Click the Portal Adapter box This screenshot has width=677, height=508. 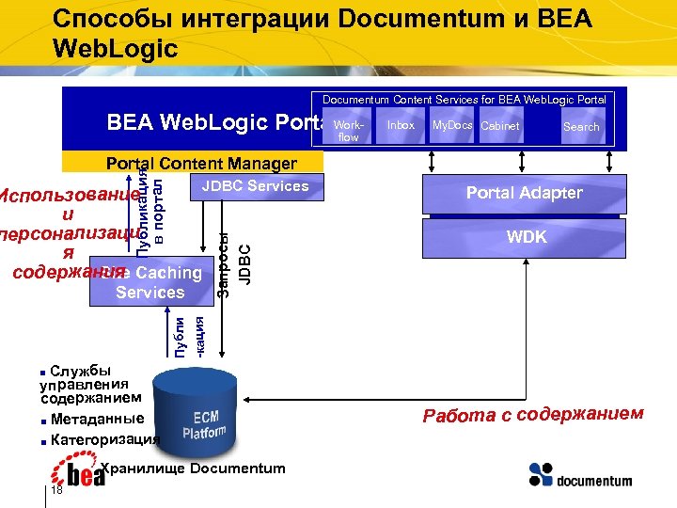click(x=525, y=194)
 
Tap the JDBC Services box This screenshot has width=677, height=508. click(x=255, y=186)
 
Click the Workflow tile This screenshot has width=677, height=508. click(x=349, y=130)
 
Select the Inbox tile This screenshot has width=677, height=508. click(x=401, y=126)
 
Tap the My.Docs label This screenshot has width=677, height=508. click(x=451, y=125)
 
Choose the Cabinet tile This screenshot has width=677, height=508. click(x=499, y=127)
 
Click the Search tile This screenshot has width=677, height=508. click(x=581, y=127)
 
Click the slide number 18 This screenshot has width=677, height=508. click(x=57, y=490)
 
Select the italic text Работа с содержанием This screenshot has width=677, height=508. click(x=533, y=415)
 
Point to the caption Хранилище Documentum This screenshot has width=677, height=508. click(x=192, y=468)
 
